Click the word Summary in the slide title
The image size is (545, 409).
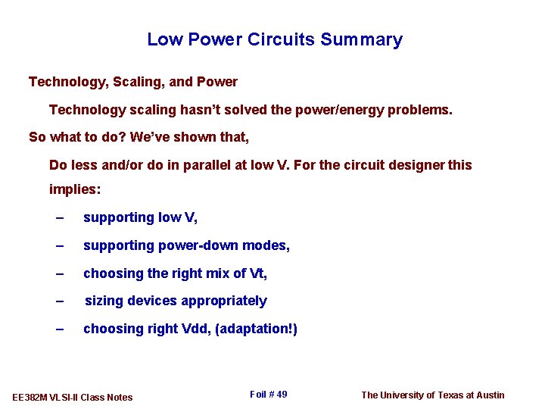click(x=361, y=39)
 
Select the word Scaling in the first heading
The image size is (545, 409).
click(x=130, y=82)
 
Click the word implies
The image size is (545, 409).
click(x=74, y=189)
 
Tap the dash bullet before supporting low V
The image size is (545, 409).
click(x=60, y=218)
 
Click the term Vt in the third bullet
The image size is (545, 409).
click(x=256, y=273)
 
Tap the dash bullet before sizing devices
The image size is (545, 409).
click(x=60, y=301)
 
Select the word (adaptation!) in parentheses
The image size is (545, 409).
click(x=257, y=329)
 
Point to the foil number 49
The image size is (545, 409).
click(x=281, y=395)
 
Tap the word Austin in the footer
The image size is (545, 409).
click(x=490, y=395)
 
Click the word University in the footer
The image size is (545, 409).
click(x=410, y=395)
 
